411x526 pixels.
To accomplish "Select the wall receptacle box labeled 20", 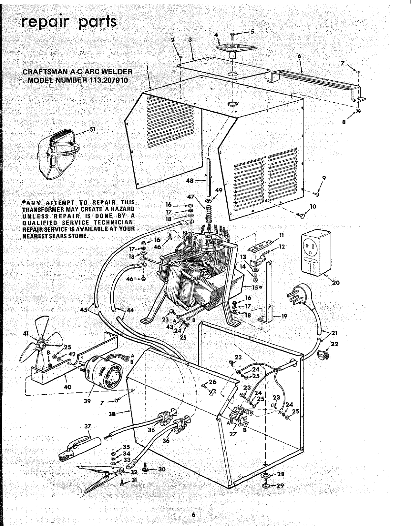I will (x=318, y=252).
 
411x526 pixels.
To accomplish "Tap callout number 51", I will (x=93, y=130).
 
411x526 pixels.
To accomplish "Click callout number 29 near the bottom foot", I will (x=280, y=485).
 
